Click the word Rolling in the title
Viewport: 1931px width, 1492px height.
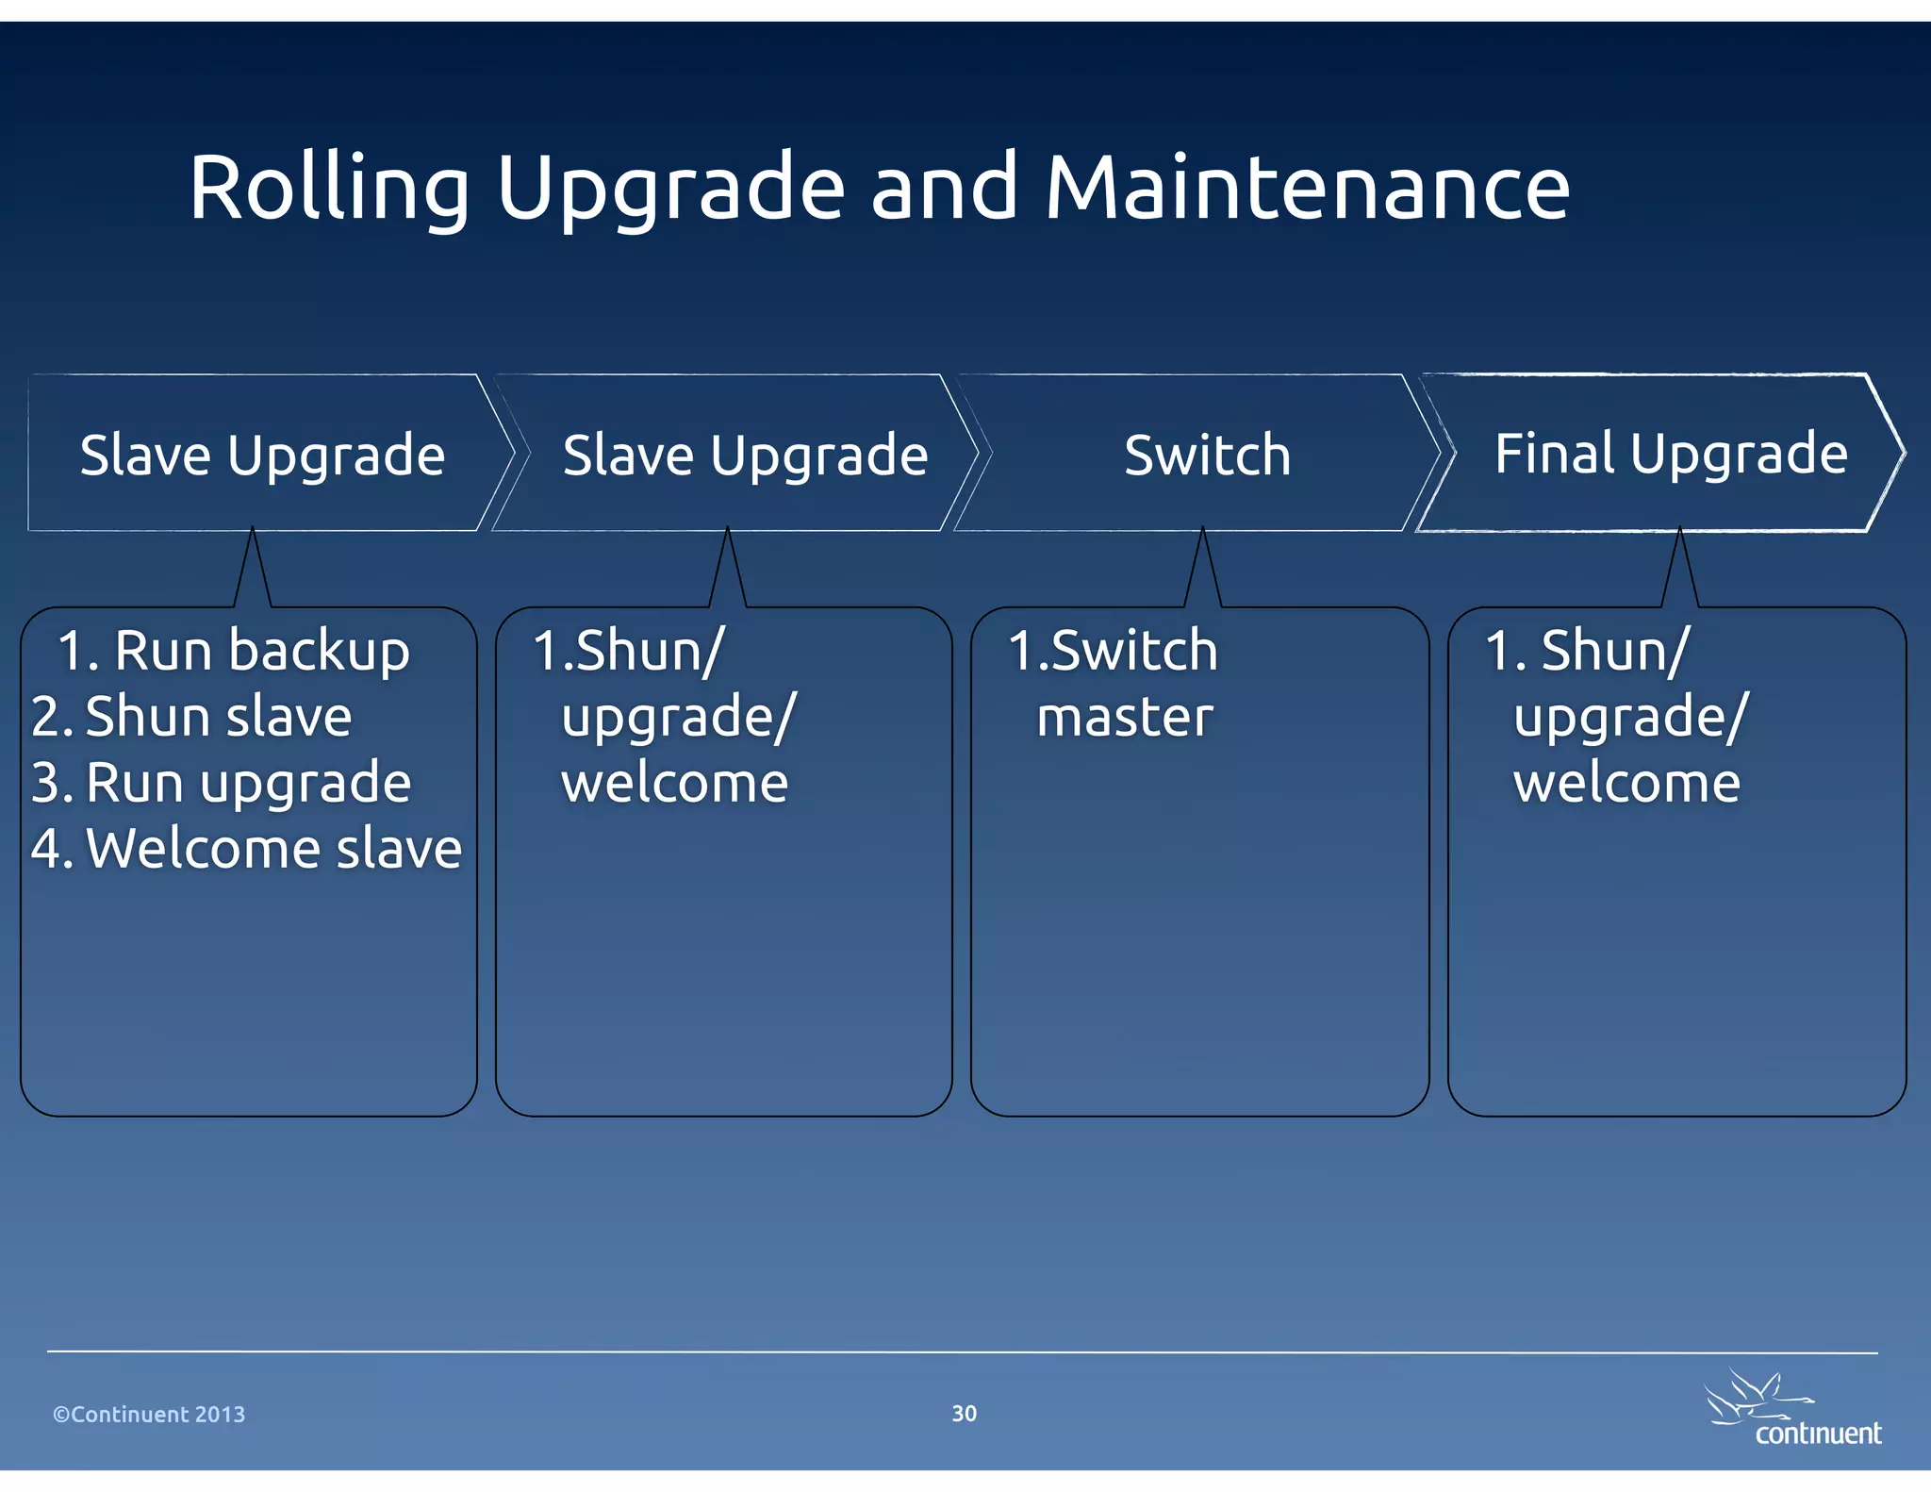point(328,189)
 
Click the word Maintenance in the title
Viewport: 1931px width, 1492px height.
point(1307,189)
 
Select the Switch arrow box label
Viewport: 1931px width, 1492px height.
point(1207,456)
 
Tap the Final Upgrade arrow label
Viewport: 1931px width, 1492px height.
point(1671,454)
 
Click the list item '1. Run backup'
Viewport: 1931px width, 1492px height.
point(234,651)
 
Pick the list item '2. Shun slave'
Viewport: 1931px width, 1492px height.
point(191,717)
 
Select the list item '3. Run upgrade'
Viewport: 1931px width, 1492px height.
point(222,783)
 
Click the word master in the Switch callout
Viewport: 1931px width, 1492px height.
point(1124,718)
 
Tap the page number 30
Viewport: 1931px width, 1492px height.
point(964,1413)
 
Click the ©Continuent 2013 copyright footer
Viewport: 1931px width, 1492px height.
point(149,1415)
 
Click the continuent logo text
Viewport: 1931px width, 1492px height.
point(1817,1434)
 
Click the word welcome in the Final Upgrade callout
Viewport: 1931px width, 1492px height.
point(1626,784)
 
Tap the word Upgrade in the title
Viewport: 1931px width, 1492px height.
point(669,189)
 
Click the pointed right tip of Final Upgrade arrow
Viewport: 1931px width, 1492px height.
point(1899,454)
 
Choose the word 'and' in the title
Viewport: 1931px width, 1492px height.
point(944,189)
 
